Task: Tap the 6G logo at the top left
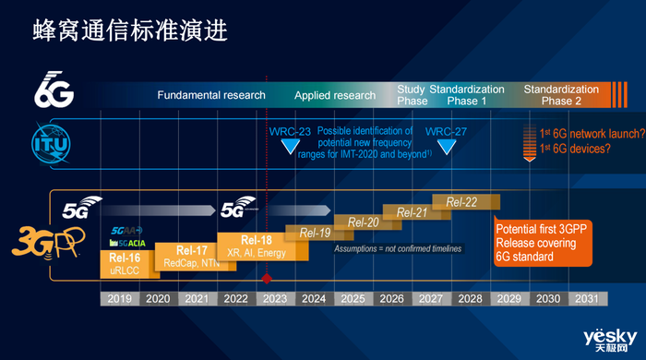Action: tap(54, 90)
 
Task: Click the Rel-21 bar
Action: tap(412, 212)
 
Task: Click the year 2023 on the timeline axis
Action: tap(274, 300)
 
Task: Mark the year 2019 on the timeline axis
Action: tap(118, 300)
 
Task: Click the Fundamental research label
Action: tap(211, 95)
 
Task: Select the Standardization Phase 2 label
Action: tap(560, 95)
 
